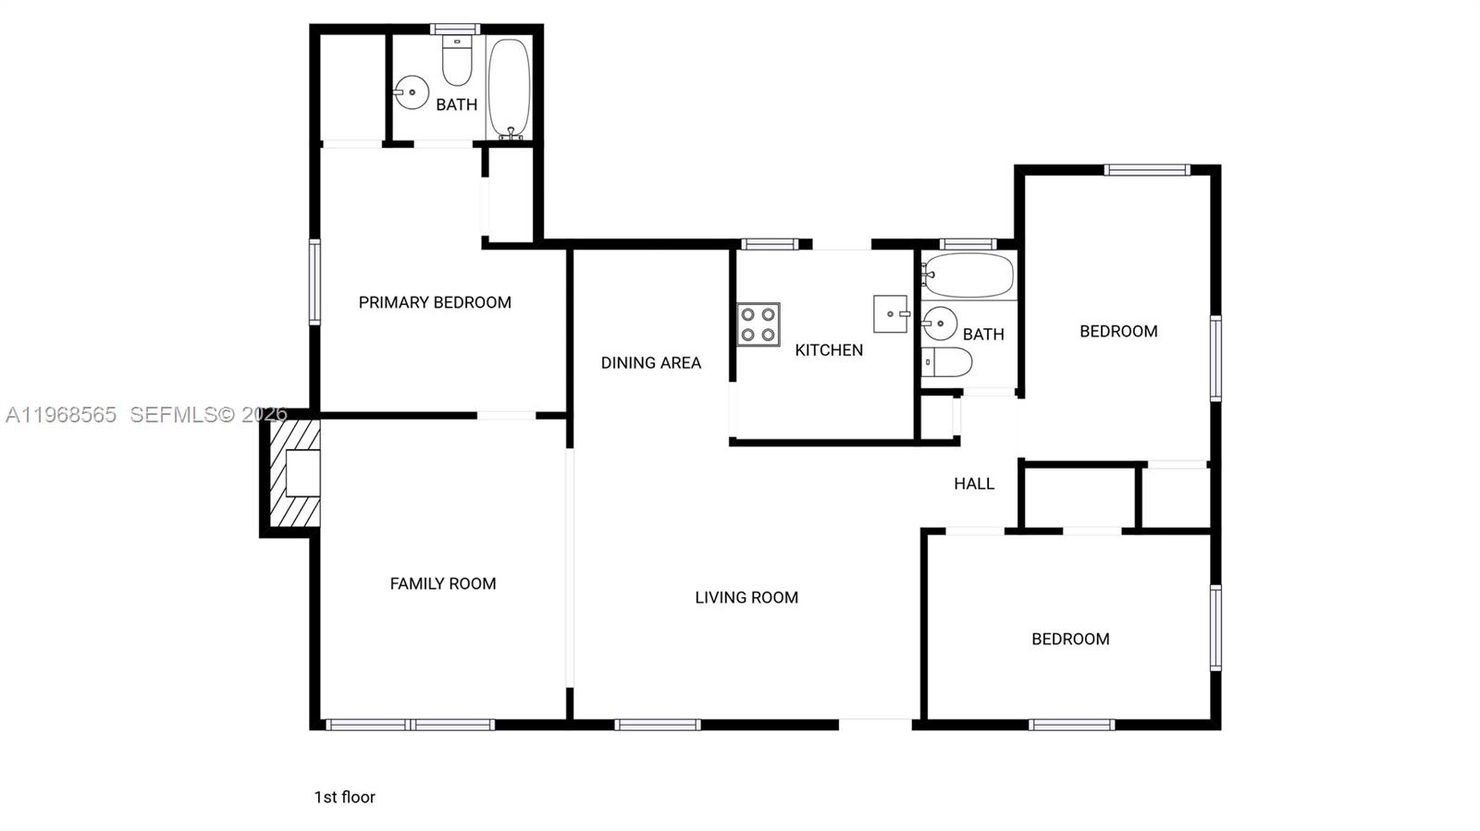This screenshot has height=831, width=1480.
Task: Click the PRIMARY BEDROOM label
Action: click(x=435, y=302)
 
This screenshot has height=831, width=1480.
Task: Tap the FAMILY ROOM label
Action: click(x=442, y=583)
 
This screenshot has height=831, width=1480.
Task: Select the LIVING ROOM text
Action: click(x=746, y=597)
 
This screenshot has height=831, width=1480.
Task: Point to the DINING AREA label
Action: click(x=650, y=362)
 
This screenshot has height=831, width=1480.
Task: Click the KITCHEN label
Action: click(x=829, y=349)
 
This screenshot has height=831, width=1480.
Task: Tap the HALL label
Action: click(x=974, y=483)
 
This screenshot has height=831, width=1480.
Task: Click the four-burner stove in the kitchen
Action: click(x=758, y=324)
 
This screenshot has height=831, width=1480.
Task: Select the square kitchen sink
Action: click(x=890, y=314)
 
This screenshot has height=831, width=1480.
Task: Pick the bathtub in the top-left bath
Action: click(x=509, y=87)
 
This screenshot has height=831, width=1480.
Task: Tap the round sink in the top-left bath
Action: click(x=411, y=92)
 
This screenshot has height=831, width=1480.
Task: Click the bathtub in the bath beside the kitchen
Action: click(x=968, y=275)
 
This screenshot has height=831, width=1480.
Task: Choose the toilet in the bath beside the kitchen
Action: click(x=947, y=362)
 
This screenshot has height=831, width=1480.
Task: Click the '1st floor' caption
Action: click(x=344, y=797)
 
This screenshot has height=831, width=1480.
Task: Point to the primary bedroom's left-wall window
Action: click(x=314, y=282)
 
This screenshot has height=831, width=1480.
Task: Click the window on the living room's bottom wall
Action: click(x=657, y=725)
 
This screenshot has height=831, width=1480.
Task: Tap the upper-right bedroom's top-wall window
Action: click(x=1146, y=170)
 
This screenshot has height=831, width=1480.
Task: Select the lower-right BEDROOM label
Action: click(x=1070, y=639)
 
